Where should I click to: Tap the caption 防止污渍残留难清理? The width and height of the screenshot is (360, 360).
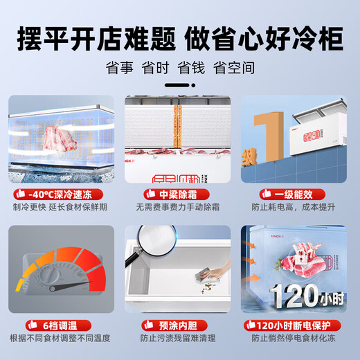[179, 339]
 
